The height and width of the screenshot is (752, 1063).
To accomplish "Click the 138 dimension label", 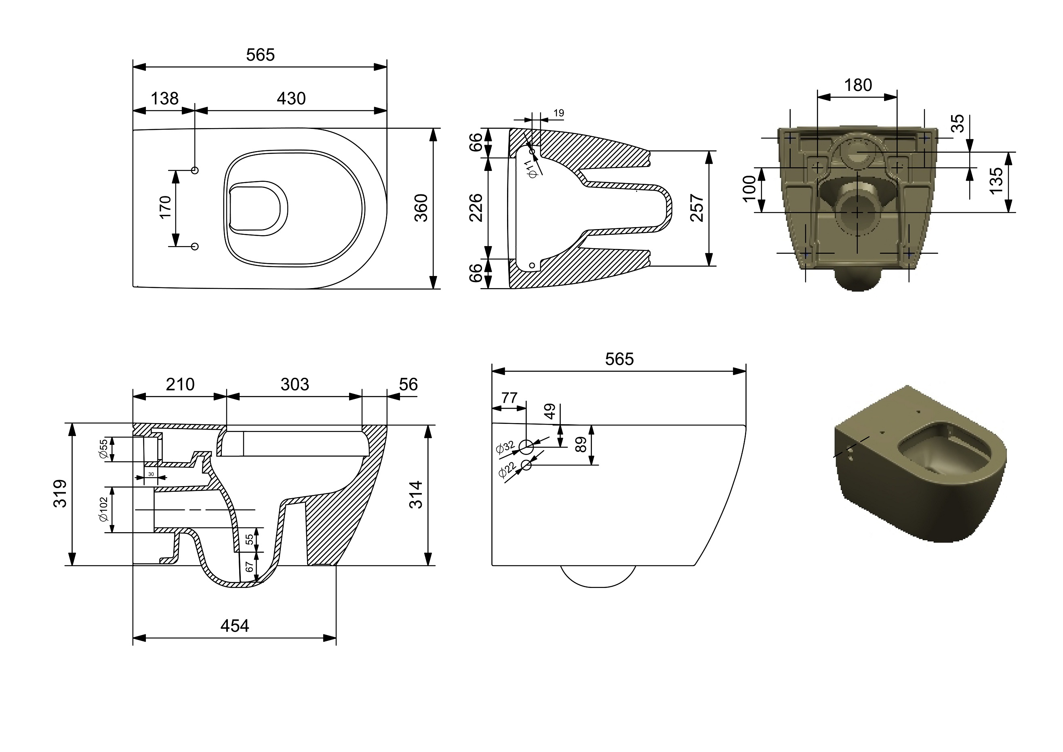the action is coord(165,99).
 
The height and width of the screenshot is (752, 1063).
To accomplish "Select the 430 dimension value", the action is coord(291,99).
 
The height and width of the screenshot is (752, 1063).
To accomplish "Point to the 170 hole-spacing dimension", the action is coord(165,207).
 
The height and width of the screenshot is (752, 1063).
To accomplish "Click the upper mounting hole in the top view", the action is coord(195,171).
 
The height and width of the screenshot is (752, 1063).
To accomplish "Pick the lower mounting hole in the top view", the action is coord(195,246).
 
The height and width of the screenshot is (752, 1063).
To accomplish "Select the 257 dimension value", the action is coord(697,209).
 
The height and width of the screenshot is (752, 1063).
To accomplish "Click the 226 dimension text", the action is coord(476,208).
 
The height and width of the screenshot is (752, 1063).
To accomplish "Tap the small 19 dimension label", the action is coord(559,113).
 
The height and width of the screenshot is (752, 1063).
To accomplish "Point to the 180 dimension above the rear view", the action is coord(858,85).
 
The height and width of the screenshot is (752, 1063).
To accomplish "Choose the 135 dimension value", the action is coord(996,181).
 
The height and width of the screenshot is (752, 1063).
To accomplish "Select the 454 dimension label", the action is coord(235,626).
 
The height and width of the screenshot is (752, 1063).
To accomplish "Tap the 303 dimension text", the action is coord(295,384).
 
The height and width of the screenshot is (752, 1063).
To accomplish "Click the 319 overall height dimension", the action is coord(60,494).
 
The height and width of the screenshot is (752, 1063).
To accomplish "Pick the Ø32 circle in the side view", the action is coord(526,447).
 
